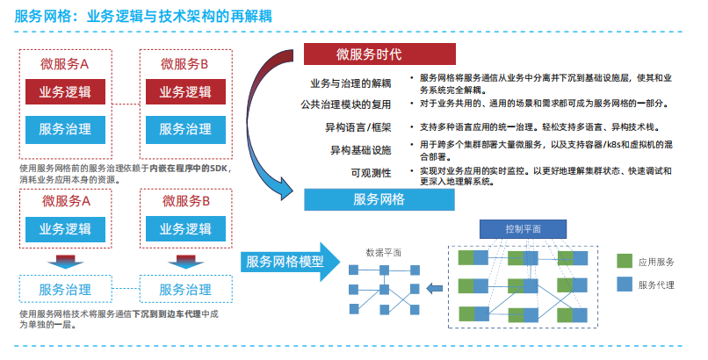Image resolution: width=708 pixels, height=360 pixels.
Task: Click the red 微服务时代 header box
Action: point(368,54)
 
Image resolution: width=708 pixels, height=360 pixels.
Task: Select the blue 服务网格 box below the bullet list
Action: point(378,199)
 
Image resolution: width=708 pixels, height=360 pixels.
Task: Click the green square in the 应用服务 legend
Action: point(625,262)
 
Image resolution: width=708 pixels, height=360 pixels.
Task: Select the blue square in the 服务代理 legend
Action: point(625,284)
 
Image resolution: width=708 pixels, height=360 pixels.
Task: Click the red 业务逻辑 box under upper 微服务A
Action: point(65,92)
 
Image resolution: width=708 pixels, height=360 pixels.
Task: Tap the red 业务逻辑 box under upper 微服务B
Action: point(184,92)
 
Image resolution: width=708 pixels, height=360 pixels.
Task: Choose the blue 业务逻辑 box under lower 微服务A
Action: point(65,229)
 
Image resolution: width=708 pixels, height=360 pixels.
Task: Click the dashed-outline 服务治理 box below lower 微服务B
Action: point(184,289)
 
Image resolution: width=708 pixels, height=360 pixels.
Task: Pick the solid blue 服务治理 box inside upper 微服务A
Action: point(65,129)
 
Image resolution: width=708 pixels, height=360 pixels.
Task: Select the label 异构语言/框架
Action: point(358,127)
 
